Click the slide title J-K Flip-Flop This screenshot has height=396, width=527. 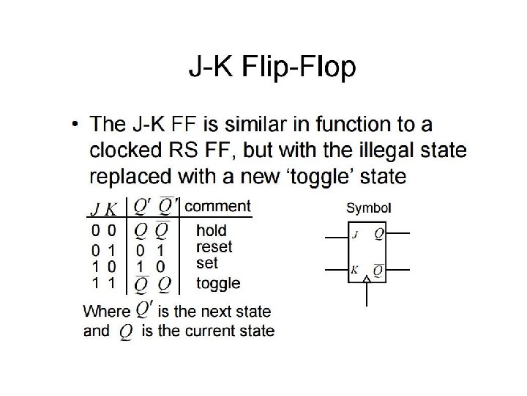coord(273,68)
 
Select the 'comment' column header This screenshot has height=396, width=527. coord(217,206)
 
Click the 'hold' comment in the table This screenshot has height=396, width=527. coord(212,231)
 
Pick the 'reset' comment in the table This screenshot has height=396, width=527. coord(214,247)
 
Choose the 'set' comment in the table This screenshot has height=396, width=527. coord(208,262)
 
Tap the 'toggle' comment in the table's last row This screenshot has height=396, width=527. coord(218,282)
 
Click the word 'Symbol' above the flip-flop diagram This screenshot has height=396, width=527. coord(368,208)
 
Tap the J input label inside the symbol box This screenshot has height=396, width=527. coord(355,235)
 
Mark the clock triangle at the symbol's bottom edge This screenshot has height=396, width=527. coord(366,280)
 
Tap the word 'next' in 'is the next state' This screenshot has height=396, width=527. coord(214,310)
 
